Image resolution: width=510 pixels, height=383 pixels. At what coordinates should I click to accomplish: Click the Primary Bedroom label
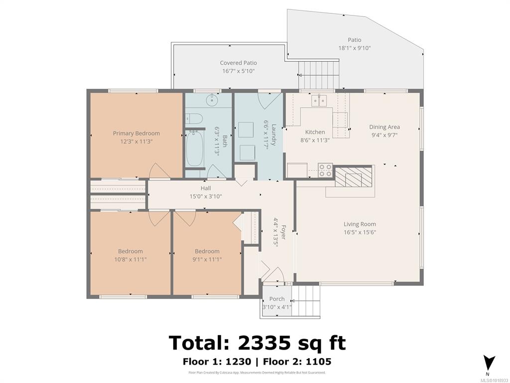[x=136, y=133]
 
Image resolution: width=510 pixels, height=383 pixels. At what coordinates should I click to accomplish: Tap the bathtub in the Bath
[x=195, y=148]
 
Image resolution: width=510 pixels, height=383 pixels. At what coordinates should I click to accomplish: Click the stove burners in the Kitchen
[x=325, y=171]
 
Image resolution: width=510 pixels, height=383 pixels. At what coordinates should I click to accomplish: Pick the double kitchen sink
[x=319, y=101]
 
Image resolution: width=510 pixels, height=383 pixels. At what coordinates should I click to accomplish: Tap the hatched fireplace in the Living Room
[x=353, y=177]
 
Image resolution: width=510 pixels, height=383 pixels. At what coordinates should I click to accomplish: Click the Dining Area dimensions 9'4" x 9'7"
[x=384, y=135]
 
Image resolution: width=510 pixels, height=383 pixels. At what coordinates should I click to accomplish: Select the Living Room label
[x=360, y=224]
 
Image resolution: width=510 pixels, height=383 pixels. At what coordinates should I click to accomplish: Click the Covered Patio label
[x=239, y=63]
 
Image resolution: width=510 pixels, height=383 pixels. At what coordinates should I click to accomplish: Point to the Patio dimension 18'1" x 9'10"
[x=355, y=48]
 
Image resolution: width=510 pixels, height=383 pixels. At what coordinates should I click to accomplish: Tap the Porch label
[x=277, y=299]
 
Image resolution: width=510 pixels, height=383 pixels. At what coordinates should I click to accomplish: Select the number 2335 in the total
[x=264, y=343]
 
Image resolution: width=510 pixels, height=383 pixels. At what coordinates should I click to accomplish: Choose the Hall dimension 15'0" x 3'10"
[x=206, y=196]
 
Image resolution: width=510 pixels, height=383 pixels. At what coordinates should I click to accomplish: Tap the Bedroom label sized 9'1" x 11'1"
[x=207, y=251]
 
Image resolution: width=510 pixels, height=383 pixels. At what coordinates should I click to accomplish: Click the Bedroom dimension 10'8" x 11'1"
[x=130, y=259]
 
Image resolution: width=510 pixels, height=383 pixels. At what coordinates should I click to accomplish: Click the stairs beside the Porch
[x=306, y=301]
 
